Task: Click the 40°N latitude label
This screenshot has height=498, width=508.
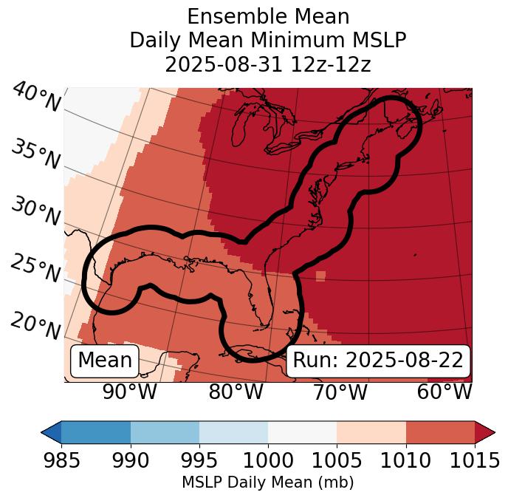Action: pos(35,97)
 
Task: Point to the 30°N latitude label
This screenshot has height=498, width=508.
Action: pos(35,212)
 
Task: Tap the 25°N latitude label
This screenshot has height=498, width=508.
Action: pos(35,268)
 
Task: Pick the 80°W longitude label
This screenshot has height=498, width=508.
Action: pos(236,392)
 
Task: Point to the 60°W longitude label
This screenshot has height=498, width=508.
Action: pos(444,392)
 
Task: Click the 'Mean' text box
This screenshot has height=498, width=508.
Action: pos(105,361)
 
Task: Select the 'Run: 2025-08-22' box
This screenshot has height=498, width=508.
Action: pos(378,361)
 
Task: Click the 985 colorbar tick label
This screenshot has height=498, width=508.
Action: pos(61,461)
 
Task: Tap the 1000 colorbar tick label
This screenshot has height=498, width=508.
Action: pos(268,461)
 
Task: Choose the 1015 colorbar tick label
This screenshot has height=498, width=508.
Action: pos(475,461)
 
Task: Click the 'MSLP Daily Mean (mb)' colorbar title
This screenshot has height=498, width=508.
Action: pos(267,483)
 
